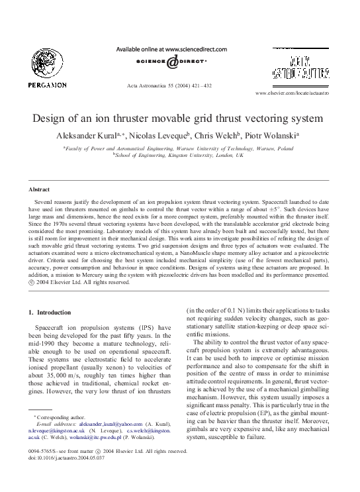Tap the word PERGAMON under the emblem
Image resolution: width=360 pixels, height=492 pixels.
coord(47,85)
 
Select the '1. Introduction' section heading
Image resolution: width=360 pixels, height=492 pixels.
coord(54,312)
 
